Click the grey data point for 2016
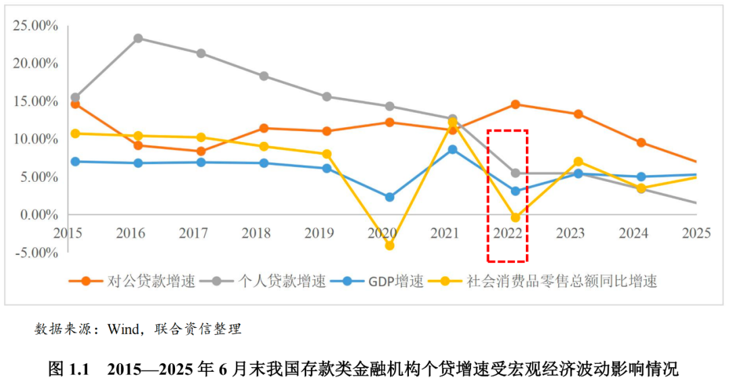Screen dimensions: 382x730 (x=138, y=38)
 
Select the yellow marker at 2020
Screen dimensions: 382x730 (x=389, y=245)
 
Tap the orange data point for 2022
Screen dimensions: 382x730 (x=516, y=104)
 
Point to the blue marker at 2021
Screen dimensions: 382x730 (x=453, y=149)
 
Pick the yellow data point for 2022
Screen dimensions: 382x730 (x=516, y=217)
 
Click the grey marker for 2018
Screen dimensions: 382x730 (x=264, y=76)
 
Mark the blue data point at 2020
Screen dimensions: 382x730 (x=389, y=197)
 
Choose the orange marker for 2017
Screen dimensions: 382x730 (x=201, y=151)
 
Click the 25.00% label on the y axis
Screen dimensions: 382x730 (x=35, y=26)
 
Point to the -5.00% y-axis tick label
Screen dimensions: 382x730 (x=35, y=253)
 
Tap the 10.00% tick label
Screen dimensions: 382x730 (x=35, y=139)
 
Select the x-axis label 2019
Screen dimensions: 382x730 (x=319, y=233)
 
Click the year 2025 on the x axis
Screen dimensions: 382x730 (x=696, y=233)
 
